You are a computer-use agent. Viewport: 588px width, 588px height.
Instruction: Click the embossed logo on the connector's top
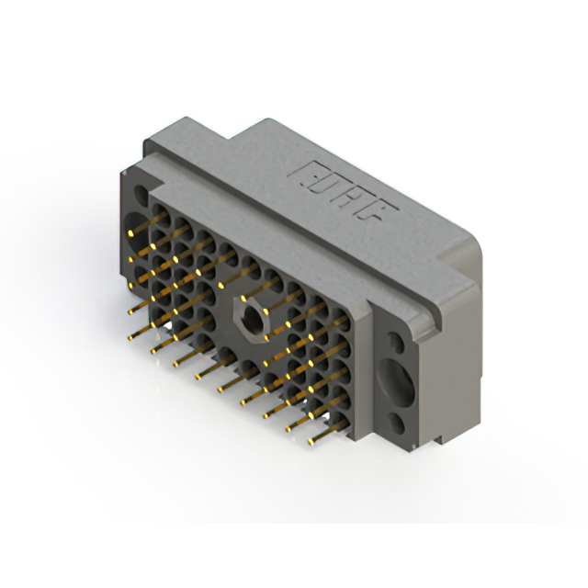tap(343, 191)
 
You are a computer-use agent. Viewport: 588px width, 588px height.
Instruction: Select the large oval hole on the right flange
tap(397, 384)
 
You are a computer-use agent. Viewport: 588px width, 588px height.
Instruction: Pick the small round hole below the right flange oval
tap(397, 424)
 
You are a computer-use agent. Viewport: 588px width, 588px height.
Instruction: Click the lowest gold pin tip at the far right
tap(311, 442)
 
